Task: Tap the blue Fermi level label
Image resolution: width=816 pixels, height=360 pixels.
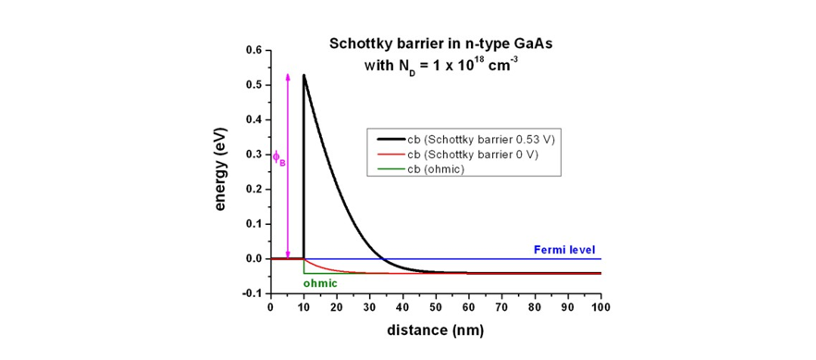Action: click(x=566, y=249)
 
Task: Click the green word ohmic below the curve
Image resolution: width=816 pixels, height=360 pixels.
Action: click(x=322, y=283)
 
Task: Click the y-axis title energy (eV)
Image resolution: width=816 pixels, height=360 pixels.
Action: click(x=222, y=171)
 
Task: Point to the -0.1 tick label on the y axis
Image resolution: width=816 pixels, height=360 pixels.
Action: click(x=252, y=293)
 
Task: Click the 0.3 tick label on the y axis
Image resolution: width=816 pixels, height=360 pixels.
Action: click(x=253, y=155)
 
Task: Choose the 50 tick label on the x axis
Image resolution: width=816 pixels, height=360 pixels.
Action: click(x=436, y=306)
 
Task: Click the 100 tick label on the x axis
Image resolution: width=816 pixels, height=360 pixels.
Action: click(x=600, y=306)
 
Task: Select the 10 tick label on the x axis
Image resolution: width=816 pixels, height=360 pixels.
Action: click(x=303, y=306)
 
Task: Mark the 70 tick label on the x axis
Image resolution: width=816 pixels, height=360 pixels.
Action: click(x=501, y=306)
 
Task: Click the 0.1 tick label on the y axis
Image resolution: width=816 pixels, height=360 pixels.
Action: click(x=253, y=224)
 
